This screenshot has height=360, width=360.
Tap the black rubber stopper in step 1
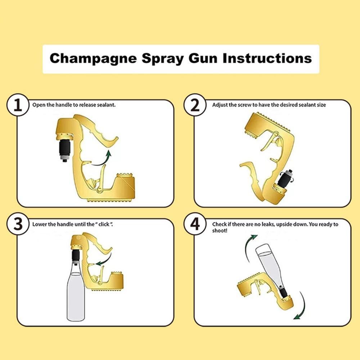(x=65, y=147)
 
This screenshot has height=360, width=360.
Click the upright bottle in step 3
(x=76, y=292)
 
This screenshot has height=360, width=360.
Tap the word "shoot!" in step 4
(x=220, y=230)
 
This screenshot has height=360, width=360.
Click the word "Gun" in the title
(x=202, y=58)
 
